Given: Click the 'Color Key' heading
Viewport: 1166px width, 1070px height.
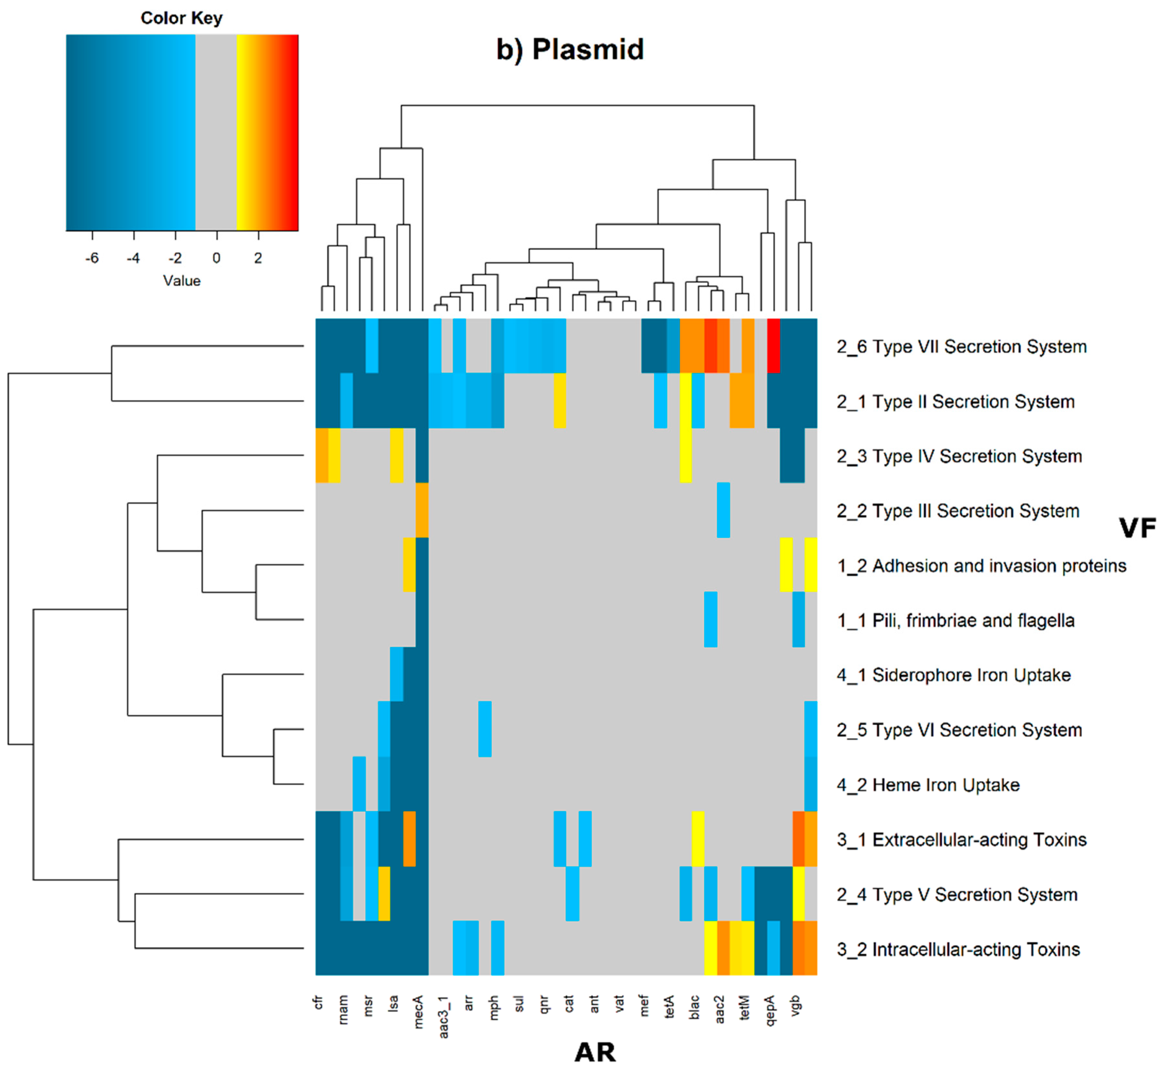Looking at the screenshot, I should click(181, 18).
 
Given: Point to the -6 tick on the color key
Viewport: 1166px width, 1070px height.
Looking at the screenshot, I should click(92, 258).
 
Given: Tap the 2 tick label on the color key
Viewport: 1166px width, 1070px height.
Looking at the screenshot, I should click(258, 258).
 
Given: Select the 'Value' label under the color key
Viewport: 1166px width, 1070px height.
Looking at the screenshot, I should click(181, 281).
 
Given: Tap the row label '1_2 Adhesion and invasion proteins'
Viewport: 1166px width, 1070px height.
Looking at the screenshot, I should click(981, 566).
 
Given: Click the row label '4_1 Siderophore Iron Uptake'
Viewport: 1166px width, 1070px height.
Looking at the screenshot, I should click(953, 675).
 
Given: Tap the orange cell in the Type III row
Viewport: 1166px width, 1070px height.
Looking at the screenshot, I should click(422, 510).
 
